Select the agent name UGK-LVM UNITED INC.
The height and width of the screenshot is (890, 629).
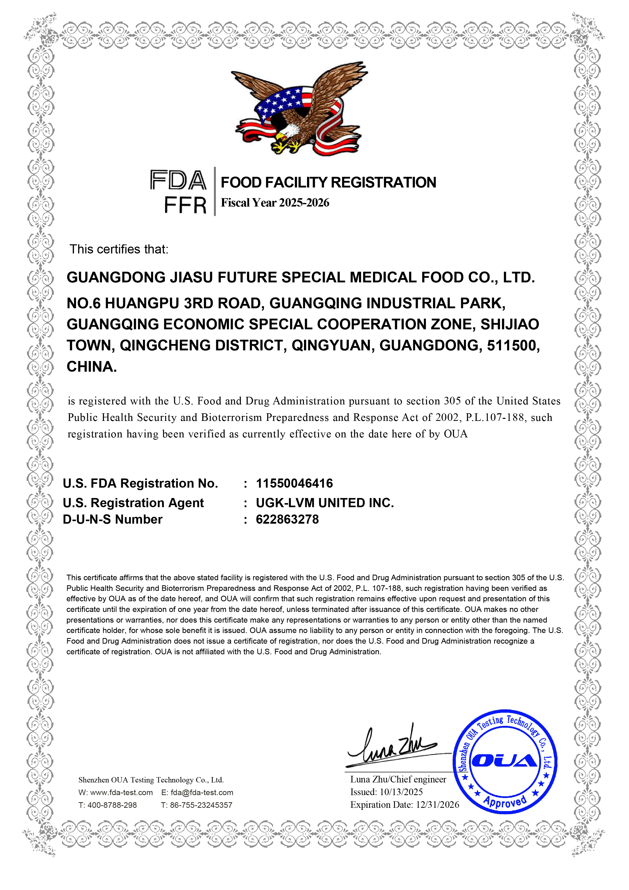[325, 503]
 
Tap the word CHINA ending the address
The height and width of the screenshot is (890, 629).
[92, 367]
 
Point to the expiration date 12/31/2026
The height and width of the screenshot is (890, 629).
[437, 805]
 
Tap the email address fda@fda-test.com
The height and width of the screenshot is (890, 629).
[202, 793]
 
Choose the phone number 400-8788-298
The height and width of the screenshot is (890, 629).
[112, 805]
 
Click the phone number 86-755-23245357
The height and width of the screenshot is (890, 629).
[201, 805]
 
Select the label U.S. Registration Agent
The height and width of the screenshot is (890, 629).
[133, 503]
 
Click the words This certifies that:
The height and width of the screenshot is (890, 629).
[119, 249]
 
